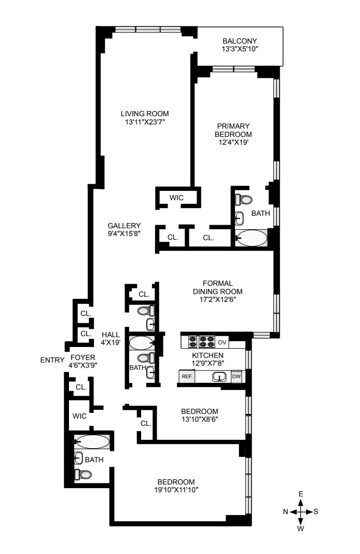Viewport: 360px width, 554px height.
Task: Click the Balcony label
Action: point(240,41)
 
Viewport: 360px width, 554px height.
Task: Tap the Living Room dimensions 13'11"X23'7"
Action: point(145,122)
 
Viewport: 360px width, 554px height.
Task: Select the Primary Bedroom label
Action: point(233,130)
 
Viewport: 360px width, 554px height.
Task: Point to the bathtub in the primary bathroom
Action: point(251,238)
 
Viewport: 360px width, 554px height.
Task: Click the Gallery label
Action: point(124,226)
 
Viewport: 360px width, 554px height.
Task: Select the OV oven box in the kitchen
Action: point(222,342)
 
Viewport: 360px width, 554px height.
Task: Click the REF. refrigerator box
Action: point(187,376)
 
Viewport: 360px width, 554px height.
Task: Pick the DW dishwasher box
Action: point(237,376)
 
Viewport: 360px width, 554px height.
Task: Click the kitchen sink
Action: point(219,377)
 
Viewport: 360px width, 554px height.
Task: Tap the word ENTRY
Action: point(52,360)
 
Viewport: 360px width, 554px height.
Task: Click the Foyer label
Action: point(82,357)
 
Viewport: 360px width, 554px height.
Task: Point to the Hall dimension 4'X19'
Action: point(111,342)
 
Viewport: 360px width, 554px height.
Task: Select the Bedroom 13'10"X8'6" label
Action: point(200,415)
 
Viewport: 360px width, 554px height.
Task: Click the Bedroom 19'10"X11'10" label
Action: point(176,486)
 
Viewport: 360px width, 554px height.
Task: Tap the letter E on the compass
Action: point(301,494)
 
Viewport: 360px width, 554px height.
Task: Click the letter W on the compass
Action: point(301,529)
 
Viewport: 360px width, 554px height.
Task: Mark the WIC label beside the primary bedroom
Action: point(176,198)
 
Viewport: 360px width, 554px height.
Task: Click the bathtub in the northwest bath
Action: point(92,441)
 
